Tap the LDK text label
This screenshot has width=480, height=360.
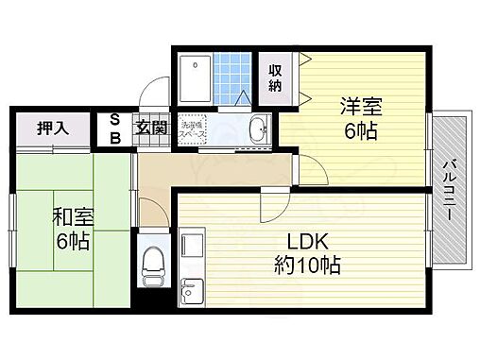click(x=302, y=242)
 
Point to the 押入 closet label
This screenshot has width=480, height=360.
click(x=51, y=127)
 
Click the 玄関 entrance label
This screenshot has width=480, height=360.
click(x=151, y=128)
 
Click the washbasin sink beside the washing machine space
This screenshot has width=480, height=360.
click(x=257, y=129)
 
